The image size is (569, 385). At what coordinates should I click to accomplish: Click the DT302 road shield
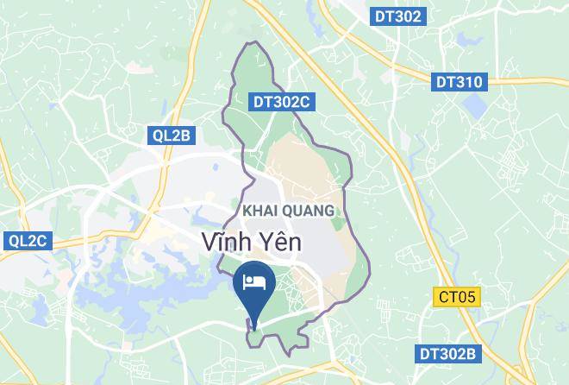pos(398,16)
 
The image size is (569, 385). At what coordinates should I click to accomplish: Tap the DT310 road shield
pos(459,82)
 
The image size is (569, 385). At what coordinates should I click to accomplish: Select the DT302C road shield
pos(281,102)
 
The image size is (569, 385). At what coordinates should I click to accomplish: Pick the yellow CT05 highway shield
pos(456,297)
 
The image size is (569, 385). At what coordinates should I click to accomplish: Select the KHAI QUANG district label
pos(287,211)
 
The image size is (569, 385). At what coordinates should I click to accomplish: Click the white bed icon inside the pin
pos(254,282)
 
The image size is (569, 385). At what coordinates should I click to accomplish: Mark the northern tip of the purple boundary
pos(250,42)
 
